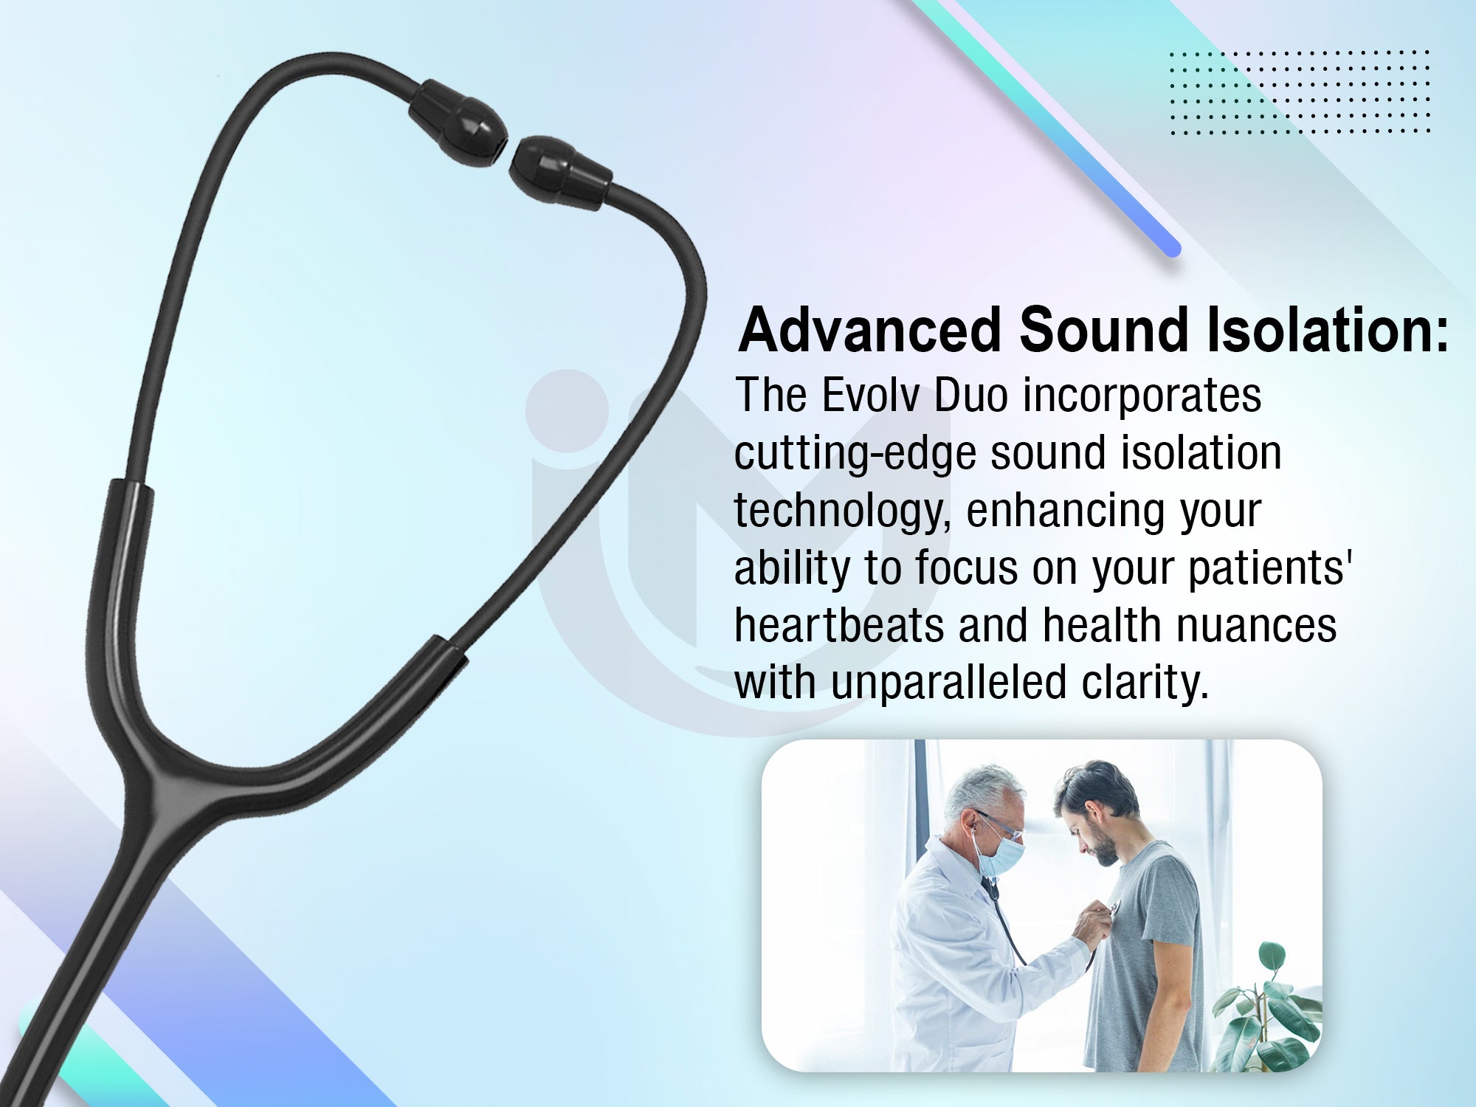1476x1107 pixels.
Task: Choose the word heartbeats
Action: point(839,625)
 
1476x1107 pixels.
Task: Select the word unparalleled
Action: point(948,683)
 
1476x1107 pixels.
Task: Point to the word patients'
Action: point(1269,569)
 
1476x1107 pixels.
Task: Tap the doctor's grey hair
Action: point(978,790)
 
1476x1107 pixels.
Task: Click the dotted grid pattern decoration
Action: point(1300,92)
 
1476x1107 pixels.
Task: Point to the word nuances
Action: point(1256,625)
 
